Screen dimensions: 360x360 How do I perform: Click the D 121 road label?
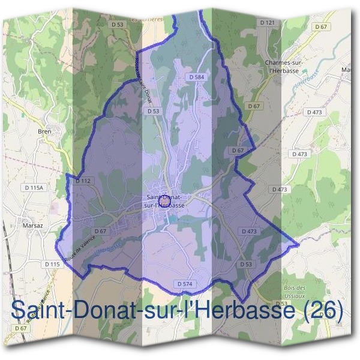point(268,22)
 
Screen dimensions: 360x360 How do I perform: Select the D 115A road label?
point(35,188)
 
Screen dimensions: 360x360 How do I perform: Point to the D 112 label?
point(83,181)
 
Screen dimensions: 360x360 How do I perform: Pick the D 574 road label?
point(185,283)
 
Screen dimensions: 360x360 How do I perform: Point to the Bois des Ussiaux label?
point(295,292)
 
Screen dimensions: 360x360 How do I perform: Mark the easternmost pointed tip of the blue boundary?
point(298,245)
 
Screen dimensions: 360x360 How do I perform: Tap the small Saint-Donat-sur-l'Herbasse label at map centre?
point(165,200)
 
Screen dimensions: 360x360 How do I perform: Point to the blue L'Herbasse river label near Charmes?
point(307,83)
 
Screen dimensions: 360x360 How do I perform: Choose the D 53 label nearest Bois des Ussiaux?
point(245,264)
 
